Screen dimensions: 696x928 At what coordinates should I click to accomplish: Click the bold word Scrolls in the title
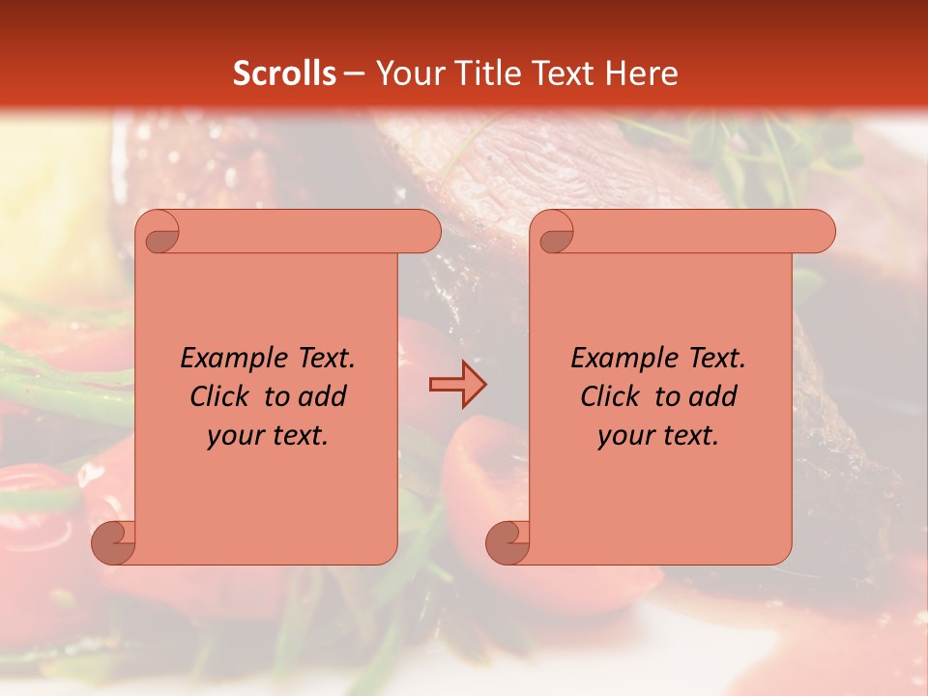tap(284, 73)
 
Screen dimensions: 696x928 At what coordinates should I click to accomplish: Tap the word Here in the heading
tap(641, 73)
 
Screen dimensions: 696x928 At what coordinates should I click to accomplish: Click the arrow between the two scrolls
tap(457, 384)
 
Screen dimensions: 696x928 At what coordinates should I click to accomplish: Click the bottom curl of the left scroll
tap(113, 542)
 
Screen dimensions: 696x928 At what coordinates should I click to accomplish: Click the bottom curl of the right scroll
tap(507, 542)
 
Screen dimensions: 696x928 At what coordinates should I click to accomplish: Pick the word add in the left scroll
tap(323, 396)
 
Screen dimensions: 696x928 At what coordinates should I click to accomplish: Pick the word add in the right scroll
tap(713, 396)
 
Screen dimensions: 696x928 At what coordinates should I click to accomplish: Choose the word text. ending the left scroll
tap(296, 436)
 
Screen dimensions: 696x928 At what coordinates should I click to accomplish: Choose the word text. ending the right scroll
tap(686, 436)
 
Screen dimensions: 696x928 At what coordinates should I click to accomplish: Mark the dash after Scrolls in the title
tap(354, 74)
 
